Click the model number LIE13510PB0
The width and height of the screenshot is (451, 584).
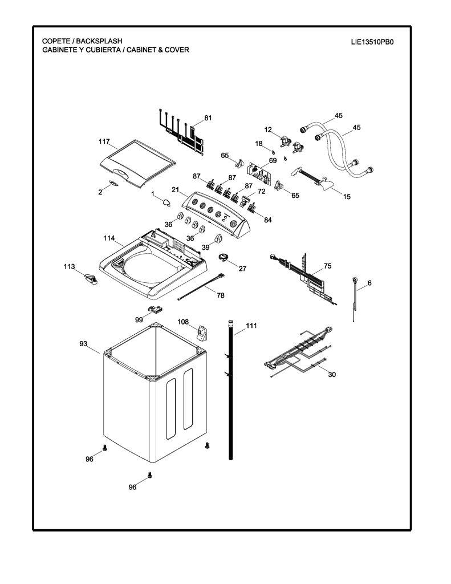(x=372, y=42)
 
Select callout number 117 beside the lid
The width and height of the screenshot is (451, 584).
(x=104, y=141)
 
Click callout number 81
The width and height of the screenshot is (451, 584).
(x=208, y=118)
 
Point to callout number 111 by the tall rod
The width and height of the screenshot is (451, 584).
(x=251, y=326)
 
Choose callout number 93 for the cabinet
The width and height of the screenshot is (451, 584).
(x=83, y=343)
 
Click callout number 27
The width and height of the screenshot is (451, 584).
(x=242, y=269)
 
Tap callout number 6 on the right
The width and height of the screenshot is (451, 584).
(x=369, y=283)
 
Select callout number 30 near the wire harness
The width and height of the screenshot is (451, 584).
(x=332, y=374)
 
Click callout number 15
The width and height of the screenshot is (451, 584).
(x=347, y=197)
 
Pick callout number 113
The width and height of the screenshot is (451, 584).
(x=69, y=267)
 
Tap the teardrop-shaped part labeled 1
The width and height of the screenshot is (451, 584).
(x=166, y=202)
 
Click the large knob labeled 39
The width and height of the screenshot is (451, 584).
(x=218, y=239)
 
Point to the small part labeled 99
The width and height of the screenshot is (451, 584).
(x=156, y=309)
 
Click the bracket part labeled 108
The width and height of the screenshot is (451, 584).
(x=202, y=332)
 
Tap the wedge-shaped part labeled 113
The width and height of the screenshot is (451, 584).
(x=91, y=278)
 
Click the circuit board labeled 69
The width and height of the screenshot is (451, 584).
(x=258, y=173)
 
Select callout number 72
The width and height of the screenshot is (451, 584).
(x=262, y=192)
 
